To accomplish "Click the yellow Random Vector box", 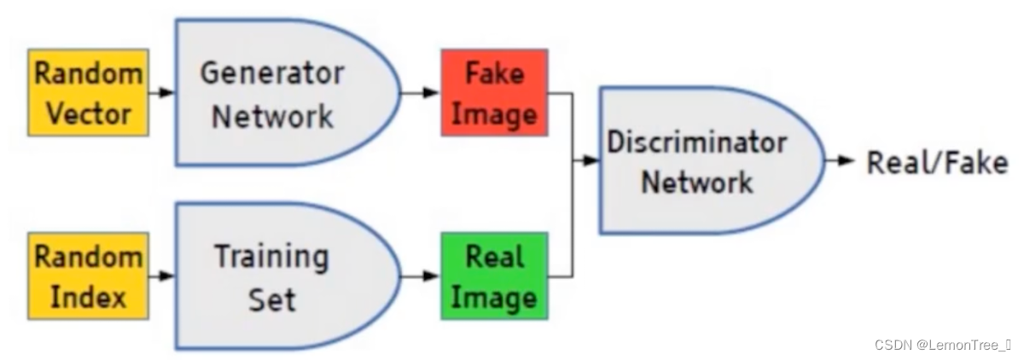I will tap(88, 92).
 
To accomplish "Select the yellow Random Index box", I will tap(88, 276).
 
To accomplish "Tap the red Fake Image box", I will tap(494, 92).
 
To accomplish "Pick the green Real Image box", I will tap(494, 276).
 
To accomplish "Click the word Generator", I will tap(271, 74).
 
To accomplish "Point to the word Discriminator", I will tap(696, 142).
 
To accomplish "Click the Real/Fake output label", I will tap(937, 162).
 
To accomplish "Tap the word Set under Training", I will tap(271, 299).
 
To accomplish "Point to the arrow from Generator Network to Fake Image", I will tap(420, 92).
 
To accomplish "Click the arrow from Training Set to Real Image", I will tap(420, 276).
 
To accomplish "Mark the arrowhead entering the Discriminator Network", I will tap(591, 160).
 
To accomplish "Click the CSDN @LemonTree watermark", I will tap(942, 344).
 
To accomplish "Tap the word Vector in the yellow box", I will tap(88, 113).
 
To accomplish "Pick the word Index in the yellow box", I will tap(88, 297).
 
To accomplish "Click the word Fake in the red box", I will tap(494, 73).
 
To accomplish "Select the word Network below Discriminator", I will tap(696, 182).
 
